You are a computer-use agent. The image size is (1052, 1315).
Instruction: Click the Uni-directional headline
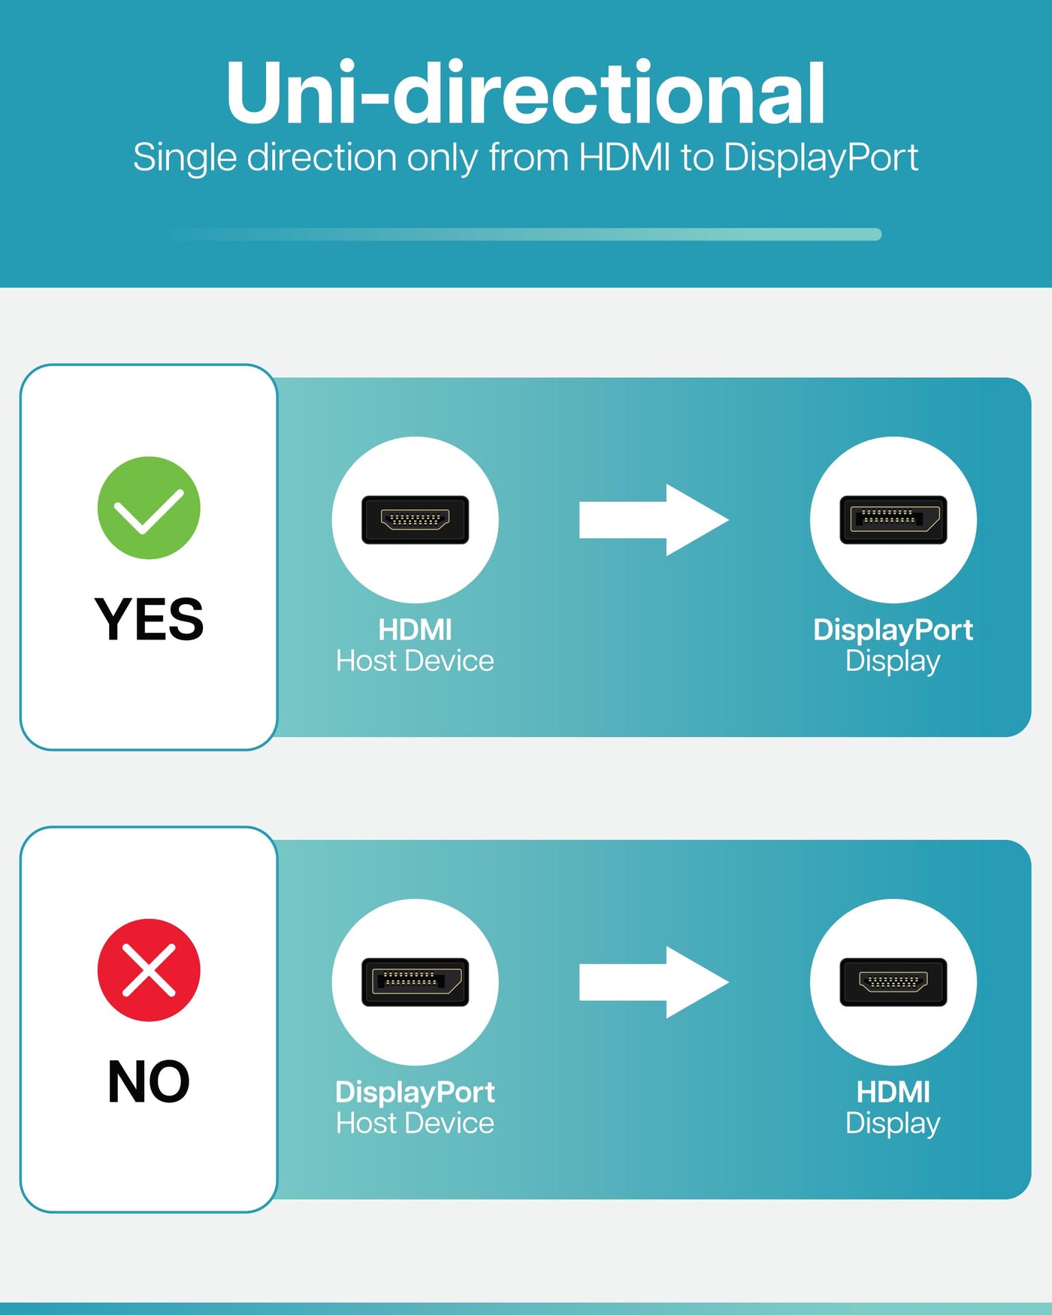(525, 93)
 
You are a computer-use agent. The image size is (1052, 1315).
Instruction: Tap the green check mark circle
(149, 508)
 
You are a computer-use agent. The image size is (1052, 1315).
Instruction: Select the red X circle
(149, 970)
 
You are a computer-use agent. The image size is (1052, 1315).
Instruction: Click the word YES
(149, 619)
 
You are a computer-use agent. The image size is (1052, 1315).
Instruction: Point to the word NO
(149, 1081)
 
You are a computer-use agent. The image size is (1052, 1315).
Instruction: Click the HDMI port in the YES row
(415, 519)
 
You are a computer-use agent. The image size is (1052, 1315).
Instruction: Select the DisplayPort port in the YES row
(893, 519)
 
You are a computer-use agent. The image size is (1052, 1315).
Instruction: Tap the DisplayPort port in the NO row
(415, 981)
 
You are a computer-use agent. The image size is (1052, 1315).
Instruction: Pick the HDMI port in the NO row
(893, 981)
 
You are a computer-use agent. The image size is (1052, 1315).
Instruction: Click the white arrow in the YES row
(652, 520)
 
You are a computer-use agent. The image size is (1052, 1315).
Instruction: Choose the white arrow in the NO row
(652, 982)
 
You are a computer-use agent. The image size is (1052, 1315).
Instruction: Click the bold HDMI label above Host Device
(415, 630)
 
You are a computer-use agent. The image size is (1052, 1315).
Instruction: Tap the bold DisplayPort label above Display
(893, 630)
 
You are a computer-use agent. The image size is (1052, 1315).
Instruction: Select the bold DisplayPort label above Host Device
(415, 1092)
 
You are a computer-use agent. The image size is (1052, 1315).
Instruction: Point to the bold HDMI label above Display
(893, 1092)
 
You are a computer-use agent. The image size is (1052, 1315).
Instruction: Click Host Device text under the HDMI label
(415, 661)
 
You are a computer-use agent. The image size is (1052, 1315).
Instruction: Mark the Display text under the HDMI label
(893, 1123)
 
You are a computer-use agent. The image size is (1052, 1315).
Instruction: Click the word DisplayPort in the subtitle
(821, 159)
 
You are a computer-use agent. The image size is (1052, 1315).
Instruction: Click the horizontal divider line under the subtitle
(526, 234)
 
